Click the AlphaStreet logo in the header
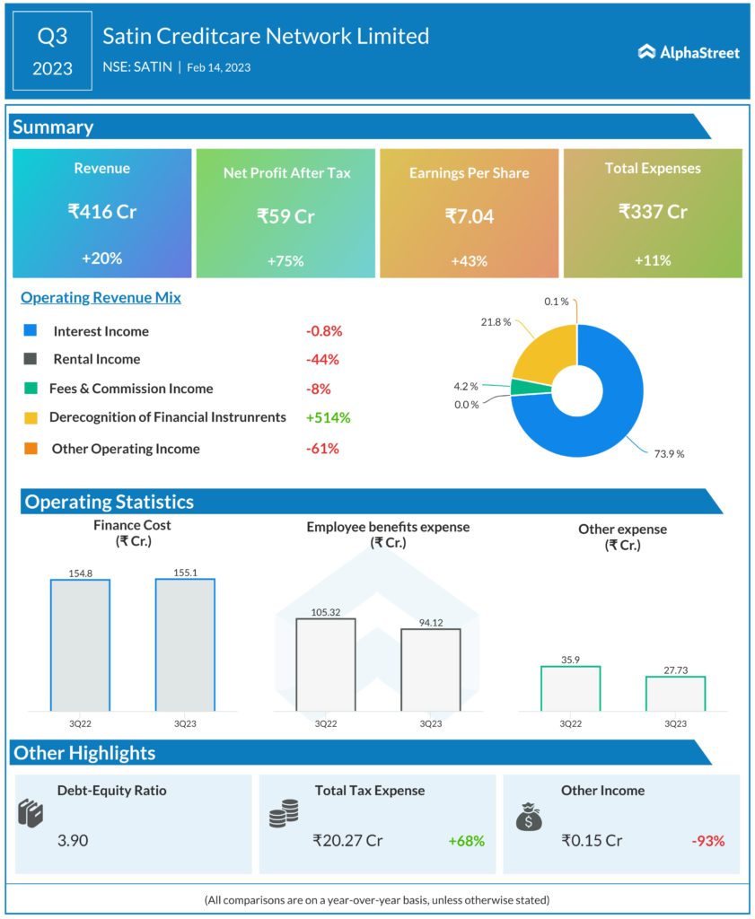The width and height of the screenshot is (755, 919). point(689,52)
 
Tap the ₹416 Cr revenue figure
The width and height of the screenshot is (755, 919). point(101,212)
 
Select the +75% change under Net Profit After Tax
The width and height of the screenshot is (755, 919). point(285,261)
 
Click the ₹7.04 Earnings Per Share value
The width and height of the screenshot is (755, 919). point(470,215)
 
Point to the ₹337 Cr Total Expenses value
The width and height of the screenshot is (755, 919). point(653,212)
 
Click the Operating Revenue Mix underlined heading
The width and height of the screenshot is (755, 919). point(101,297)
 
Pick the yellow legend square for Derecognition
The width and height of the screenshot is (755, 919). point(31,417)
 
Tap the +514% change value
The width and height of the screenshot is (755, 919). point(328,417)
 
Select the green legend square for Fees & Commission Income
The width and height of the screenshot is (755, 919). point(31,389)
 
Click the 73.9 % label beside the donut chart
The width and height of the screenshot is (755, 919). point(669,454)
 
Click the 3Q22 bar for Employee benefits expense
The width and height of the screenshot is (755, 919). point(325,664)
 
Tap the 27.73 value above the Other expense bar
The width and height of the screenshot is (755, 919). point(675,669)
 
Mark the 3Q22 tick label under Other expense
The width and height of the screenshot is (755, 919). point(570,723)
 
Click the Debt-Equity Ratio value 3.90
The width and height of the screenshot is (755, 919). point(73,841)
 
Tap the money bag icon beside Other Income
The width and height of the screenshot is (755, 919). point(528,815)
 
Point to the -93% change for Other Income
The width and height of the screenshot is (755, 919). point(707,841)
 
